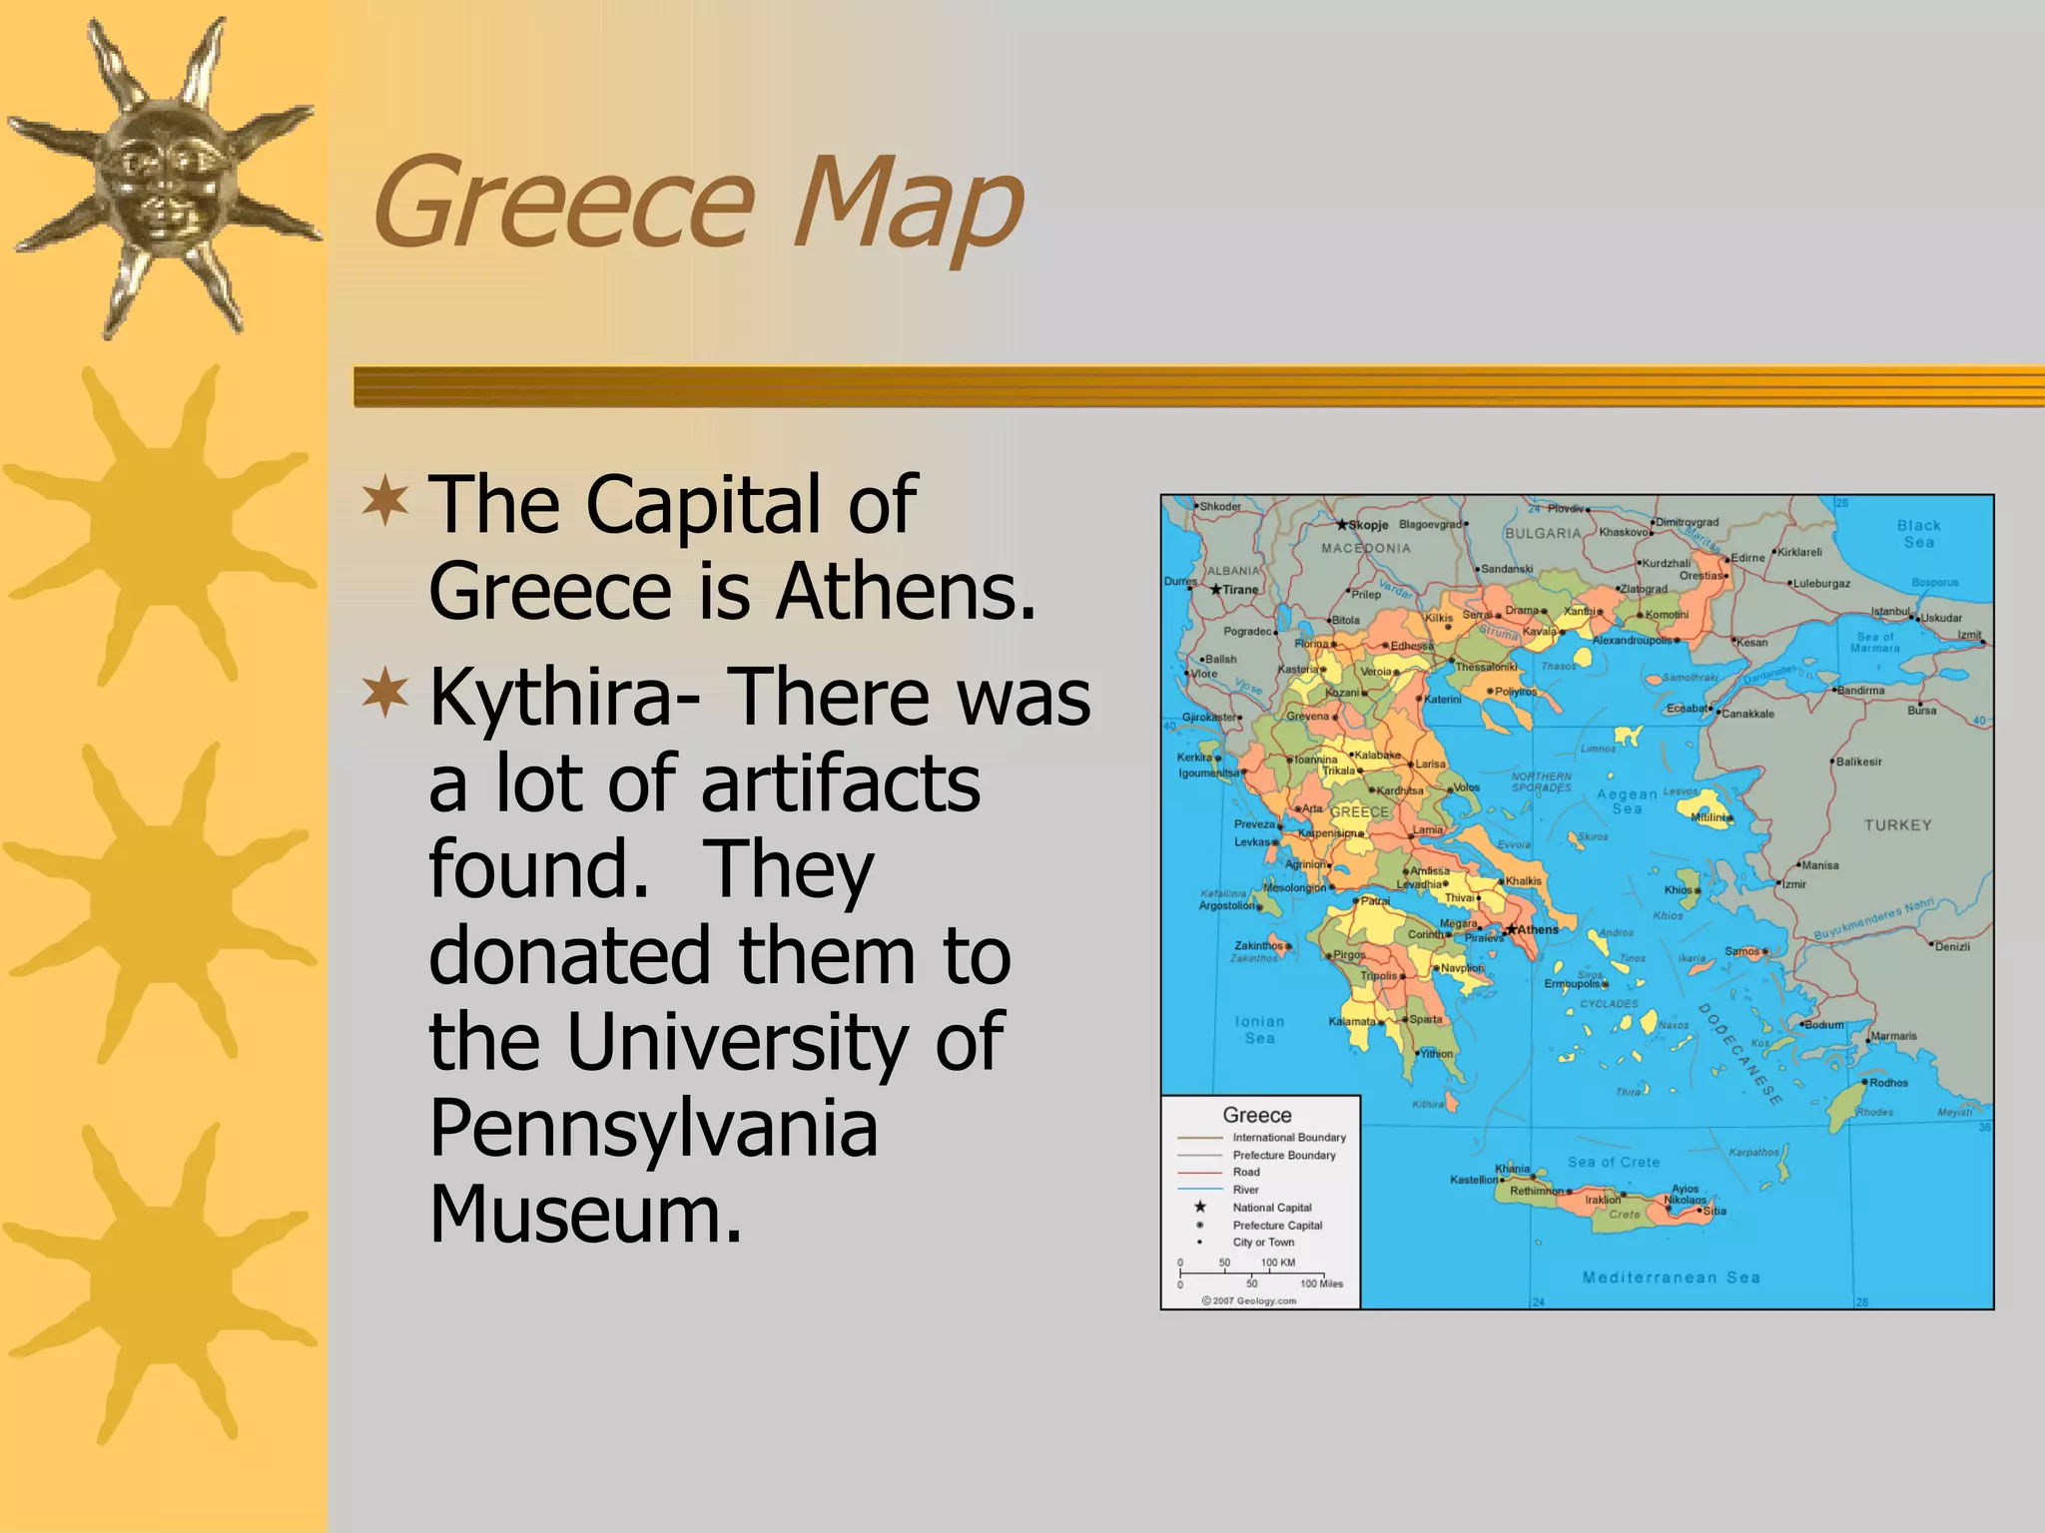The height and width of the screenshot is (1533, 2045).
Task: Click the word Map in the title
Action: pyautogui.click(x=907, y=205)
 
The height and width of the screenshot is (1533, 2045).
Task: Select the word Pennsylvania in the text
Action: pyautogui.click(x=653, y=1128)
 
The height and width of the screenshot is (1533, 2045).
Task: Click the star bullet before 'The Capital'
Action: pyautogui.click(x=385, y=503)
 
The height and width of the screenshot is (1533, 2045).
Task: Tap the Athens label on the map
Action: pyautogui.click(x=1538, y=929)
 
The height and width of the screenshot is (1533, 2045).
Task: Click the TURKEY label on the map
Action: pyautogui.click(x=1897, y=825)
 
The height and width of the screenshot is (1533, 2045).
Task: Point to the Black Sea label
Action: pyautogui.click(x=1918, y=534)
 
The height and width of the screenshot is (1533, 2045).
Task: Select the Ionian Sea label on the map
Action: pyautogui.click(x=1259, y=1029)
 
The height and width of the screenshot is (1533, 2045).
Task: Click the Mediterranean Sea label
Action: pyautogui.click(x=1671, y=1277)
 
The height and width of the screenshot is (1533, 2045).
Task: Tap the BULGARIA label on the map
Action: pyautogui.click(x=1543, y=534)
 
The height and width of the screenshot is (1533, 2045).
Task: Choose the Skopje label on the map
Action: pyautogui.click(x=1368, y=525)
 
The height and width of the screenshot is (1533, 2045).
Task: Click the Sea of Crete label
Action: pyautogui.click(x=1613, y=1162)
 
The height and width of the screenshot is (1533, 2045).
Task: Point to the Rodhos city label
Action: pyautogui.click(x=1888, y=1083)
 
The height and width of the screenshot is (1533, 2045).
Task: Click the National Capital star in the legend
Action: pyautogui.click(x=1200, y=1207)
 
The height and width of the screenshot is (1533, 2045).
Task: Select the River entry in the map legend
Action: pyautogui.click(x=1245, y=1190)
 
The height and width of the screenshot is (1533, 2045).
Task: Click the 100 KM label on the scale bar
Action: pyautogui.click(x=1278, y=1263)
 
